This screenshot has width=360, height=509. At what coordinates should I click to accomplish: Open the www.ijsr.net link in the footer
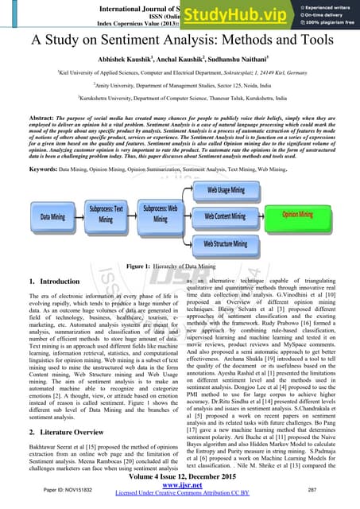coord(179,493)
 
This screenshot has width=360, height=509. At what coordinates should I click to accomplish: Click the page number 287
coord(335,493)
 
